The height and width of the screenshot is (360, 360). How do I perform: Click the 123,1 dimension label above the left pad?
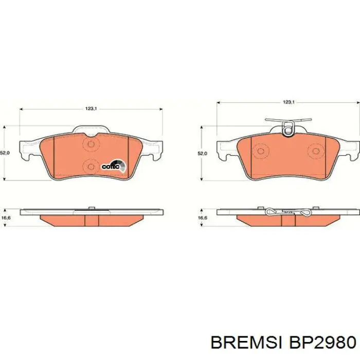point(91,108)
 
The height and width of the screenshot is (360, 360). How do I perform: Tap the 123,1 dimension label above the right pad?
point(289,103)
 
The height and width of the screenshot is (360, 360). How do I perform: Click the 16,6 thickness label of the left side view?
point(6,218)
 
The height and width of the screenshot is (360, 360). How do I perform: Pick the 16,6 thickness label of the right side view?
point(203,218)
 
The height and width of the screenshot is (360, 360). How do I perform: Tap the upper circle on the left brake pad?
point(91,145)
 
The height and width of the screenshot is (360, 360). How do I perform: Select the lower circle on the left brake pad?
point(91,166)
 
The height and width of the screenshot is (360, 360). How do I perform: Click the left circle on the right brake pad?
point(261,151)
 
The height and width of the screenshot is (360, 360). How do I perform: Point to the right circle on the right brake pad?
point(314,151)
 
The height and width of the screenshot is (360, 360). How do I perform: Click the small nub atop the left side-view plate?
point(91,208)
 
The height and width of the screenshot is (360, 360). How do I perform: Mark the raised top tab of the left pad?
point(91,130)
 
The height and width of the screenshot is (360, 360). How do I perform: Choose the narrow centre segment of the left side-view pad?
point(91,220)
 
